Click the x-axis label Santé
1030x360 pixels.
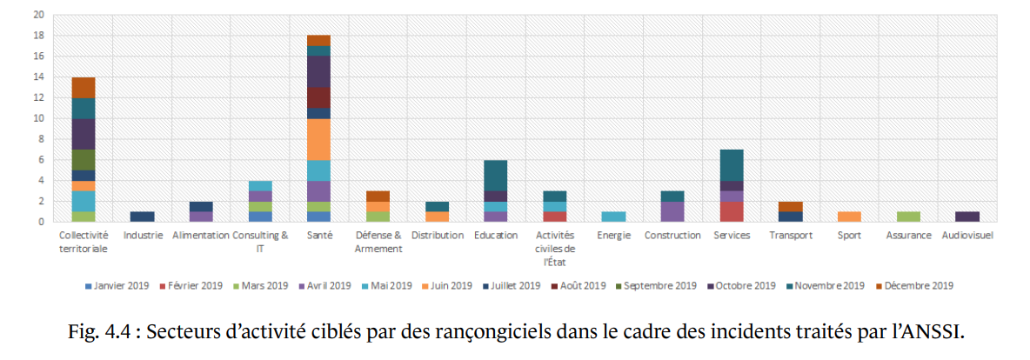[319, 235]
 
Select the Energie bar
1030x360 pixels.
[613, 217]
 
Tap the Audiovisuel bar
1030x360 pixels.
[966, 217]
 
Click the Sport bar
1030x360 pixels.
[848, 217]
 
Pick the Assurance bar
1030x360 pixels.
[907, 217]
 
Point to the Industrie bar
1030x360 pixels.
[142, 217]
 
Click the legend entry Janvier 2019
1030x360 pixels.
[120, 285]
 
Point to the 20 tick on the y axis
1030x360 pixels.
[39, 16]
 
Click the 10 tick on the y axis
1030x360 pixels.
[39, 118]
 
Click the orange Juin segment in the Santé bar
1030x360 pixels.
[319, 139]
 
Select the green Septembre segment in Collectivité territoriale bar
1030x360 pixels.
[84, 160]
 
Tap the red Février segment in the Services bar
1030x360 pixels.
[731, 211]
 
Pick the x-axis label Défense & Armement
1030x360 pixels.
[378, 242]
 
